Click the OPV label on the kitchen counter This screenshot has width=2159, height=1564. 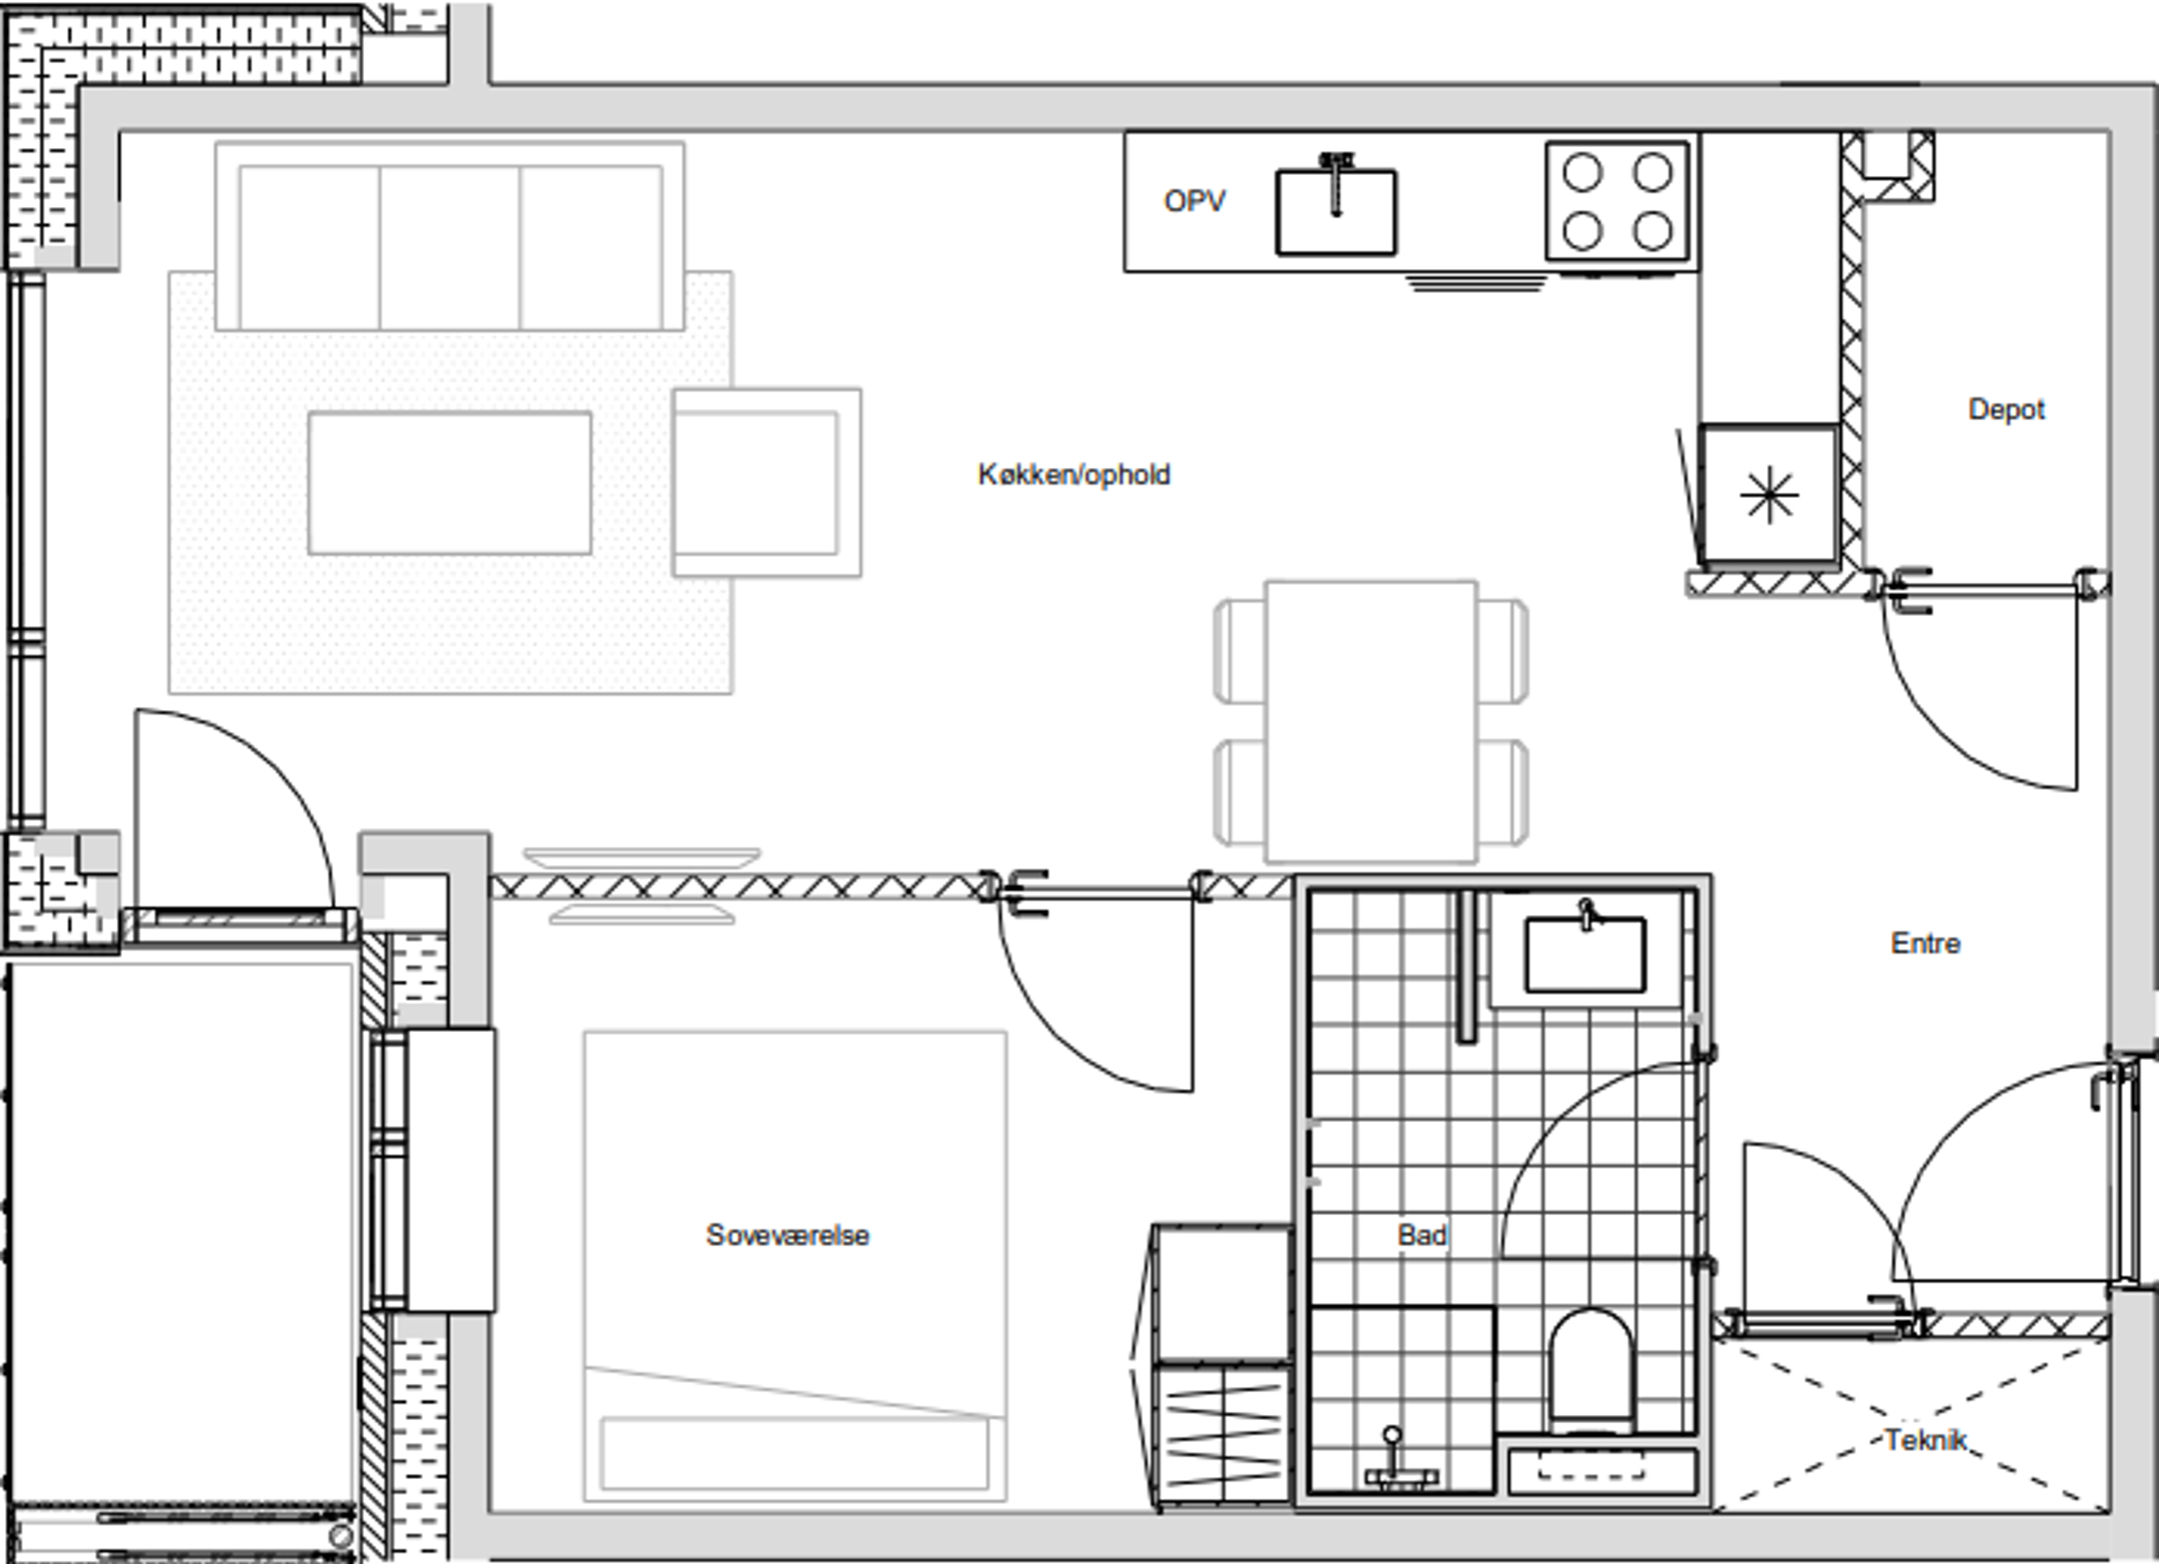1194,201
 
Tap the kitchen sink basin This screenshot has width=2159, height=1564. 1335,212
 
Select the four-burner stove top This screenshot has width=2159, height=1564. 1617,201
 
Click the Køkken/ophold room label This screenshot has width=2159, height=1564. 1074,474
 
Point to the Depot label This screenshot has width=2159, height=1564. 2006,409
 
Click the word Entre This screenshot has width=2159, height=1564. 1925,943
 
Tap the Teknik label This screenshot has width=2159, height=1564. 1926,1440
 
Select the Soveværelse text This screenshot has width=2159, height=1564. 788,1235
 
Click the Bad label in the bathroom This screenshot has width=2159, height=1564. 1422,1235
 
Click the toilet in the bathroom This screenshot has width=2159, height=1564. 1590,1370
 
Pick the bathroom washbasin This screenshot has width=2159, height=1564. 1585,955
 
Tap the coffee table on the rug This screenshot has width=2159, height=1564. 450,483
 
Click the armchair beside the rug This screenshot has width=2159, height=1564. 767,482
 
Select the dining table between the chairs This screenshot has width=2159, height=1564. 1370,721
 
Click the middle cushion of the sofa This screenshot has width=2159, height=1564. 450,247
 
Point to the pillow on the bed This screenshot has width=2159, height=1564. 795,1453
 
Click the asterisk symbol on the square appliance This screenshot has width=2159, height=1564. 1769,495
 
